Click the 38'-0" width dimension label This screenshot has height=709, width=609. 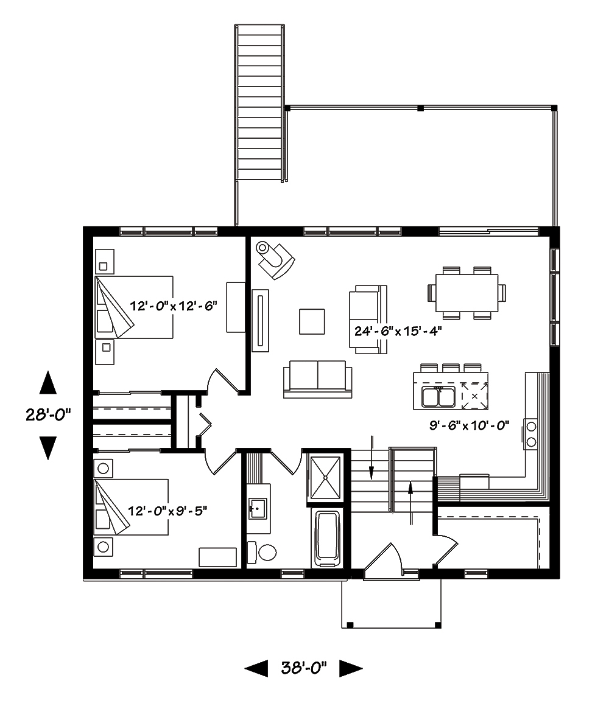[x=304, y=668]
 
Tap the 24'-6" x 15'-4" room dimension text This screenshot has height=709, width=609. [x=398, y=331]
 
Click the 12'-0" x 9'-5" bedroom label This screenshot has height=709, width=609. [x=169, y=511]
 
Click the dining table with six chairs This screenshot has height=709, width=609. [x=466, y=293]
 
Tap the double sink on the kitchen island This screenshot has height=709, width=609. [x=438, y=396]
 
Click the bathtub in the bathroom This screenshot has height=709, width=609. [x=328, y=539]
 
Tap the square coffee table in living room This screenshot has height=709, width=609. [x=312, y=321]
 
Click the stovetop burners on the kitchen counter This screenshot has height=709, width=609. [x=531, y=433]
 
